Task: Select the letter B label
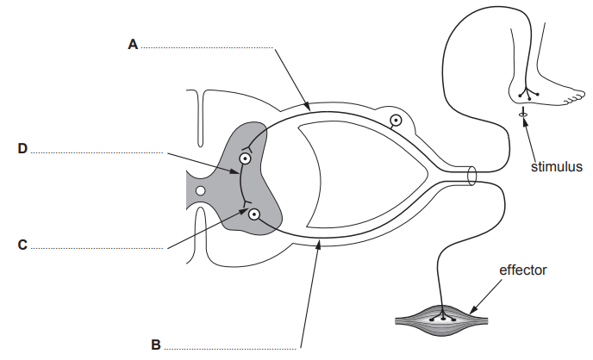(156, 345)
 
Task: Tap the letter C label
(22, 245)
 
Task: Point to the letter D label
(22, 149)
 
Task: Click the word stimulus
(557, 167)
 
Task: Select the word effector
(523, 270)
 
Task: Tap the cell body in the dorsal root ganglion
(395, 121)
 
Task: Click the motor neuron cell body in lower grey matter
(254, 216)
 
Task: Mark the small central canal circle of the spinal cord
(200, 189)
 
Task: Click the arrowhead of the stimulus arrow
(524, 121)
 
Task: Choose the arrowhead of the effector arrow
(471, 309)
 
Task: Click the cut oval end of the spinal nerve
(471, 177)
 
